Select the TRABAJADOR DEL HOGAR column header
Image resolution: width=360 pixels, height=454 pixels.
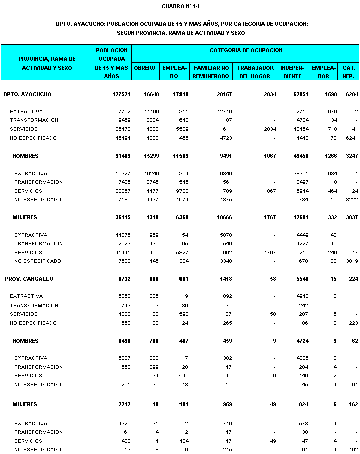[256, 72]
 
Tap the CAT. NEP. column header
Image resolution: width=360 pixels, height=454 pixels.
[349, 72]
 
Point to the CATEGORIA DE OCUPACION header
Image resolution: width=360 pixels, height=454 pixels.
[246, 50]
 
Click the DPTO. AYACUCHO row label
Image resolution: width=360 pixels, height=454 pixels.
[27, 94]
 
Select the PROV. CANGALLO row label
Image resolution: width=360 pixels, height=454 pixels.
[29, 279]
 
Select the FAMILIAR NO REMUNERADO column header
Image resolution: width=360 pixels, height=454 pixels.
[211, 72]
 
